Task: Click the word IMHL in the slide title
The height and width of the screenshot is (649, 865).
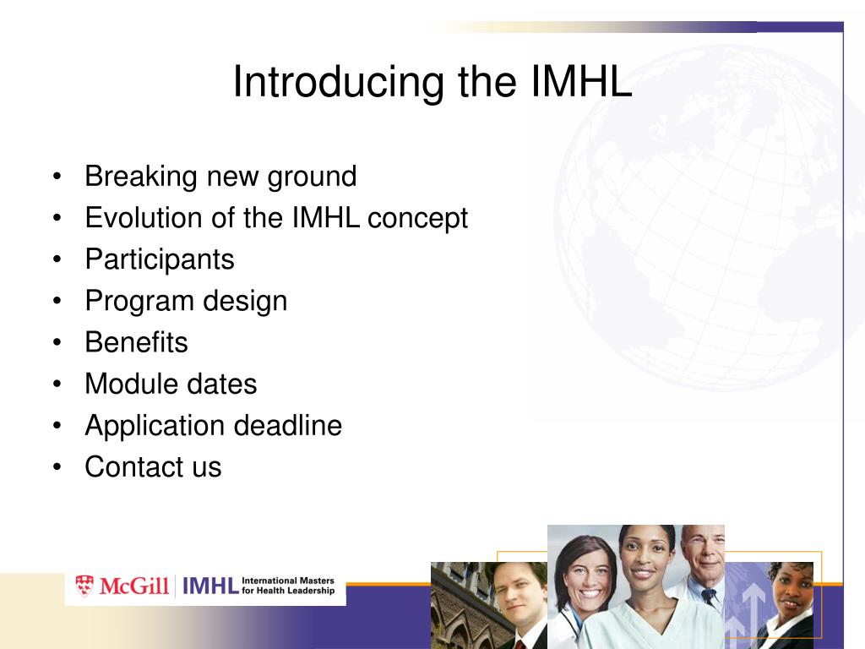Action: point(581,82)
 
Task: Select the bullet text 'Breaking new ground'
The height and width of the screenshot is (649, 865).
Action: point(220,177)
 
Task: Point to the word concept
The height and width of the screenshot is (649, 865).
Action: point(417,219)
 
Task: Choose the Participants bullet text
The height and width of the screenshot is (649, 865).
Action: point(160,260)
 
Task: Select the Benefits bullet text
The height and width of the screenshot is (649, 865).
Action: point(136,342)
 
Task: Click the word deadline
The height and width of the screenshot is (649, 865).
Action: point(287,426)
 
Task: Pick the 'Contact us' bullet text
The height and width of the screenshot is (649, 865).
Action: point(153,466)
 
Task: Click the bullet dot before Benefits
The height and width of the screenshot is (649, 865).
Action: point(57,343)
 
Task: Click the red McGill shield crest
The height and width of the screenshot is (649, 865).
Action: point(84,586)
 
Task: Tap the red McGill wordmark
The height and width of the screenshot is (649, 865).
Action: point(134,586)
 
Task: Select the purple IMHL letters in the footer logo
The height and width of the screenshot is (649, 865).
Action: point(210,586)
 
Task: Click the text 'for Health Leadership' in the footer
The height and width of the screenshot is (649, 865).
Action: point(288,591)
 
